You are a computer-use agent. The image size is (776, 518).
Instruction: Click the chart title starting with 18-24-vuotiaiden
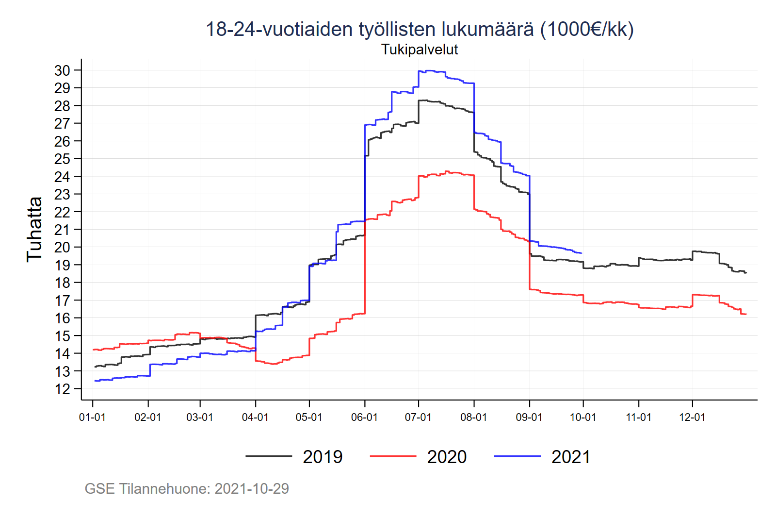(420, 29)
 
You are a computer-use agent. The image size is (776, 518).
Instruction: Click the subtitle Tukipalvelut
(420, 50)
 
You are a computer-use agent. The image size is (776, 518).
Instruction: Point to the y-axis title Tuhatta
(34, 229)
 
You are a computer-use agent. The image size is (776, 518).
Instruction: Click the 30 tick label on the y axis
(62, 70)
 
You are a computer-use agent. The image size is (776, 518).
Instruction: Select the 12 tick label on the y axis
(62, 389)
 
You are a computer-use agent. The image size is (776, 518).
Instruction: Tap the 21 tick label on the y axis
(62, 230)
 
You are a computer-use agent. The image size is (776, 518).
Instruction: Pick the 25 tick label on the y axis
(62, 159)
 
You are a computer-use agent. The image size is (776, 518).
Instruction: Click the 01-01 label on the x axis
(92, 417)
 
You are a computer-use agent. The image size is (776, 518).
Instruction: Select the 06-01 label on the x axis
(364, 417)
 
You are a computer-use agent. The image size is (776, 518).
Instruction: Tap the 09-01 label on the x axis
(529, 417)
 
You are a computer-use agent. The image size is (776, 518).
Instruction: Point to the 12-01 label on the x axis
(692, 417)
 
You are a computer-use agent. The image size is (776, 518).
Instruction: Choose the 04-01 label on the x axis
(255, 417)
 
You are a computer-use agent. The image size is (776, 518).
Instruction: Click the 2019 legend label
(323, 457)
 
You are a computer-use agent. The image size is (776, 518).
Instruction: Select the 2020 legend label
(447, 457)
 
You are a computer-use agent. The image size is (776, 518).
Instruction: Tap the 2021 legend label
(571, 457)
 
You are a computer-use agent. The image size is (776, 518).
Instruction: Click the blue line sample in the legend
(517, 456)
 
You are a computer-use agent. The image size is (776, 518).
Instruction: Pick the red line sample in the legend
(393, 456)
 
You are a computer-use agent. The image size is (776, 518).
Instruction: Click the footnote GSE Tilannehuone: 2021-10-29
(187, 488)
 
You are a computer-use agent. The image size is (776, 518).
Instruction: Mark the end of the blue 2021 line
(582, 253)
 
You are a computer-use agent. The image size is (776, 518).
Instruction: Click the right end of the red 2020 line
(746, 314)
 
